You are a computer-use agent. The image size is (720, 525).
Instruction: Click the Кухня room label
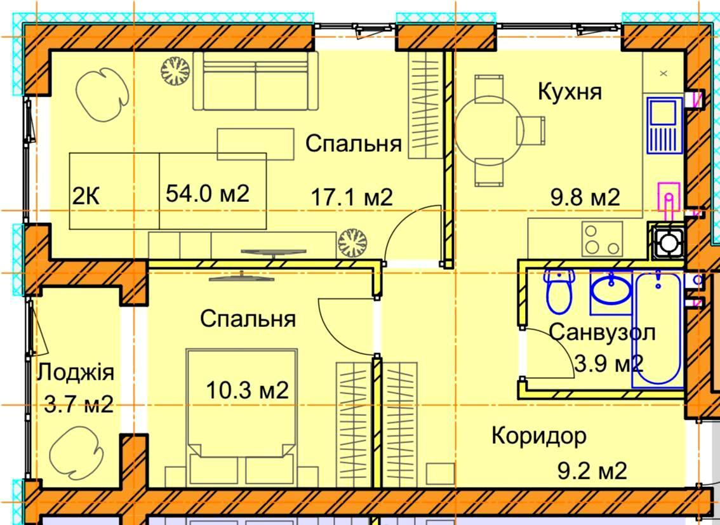pyautogui.click(x=570, y=91)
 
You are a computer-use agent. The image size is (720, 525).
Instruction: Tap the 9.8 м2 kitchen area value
pyautogui.click(x=585, y=197)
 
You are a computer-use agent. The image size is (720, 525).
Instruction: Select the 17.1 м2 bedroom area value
pyautogui.click(x=352, y=197)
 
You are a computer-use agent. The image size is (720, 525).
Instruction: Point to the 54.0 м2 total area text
pyautogui.click(x=208, y=193)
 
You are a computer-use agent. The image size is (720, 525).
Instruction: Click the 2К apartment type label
pyautogui.click(x=86, y=196)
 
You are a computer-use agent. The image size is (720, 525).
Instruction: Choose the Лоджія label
pyautogui.click(x=76, y=373)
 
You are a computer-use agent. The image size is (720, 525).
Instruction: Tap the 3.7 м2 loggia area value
pyautogui.click(x=79, y=405)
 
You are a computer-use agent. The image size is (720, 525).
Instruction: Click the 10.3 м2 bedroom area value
pyautogui.click(x=248, y=390)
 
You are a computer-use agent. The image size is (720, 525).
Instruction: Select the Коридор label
pyautogui.click(x=539, y=436)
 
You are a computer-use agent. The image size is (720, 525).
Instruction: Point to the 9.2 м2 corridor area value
pyautogui.click(x=592, y=471)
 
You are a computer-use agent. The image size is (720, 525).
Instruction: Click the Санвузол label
pyautogui.click(x=602, y=332)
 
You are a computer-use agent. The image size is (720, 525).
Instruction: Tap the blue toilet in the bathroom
pyautogui.click(x=559, y=291)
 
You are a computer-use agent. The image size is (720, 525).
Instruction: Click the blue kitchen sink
pyautogui.click(x=664, y=125)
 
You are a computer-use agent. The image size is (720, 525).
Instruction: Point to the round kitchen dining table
pyautogui.click(x=489, y=130)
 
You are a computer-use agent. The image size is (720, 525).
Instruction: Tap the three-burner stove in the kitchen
pyautogui.click(x=602, y=239)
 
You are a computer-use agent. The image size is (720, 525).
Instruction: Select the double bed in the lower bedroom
pyautogui.click(x=241, y=417)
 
